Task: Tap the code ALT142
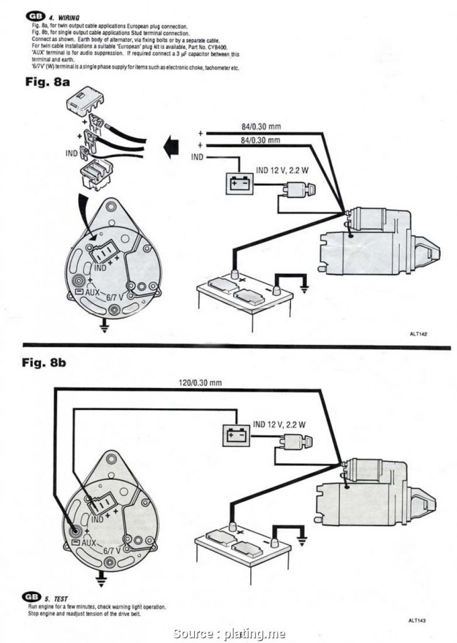point(418,335)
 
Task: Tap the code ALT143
point(417,620)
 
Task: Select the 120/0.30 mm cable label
point(201,382)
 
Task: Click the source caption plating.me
point(229,633)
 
